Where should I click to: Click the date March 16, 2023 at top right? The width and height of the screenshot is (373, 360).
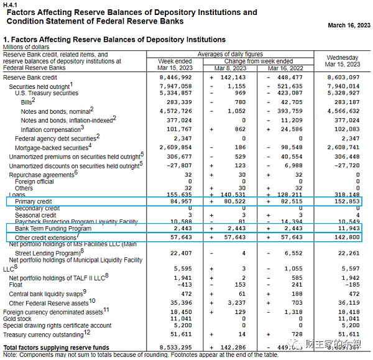(348, 25)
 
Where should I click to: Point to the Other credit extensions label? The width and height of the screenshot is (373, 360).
(46, 238)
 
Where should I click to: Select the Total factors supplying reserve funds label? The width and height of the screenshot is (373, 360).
(56, 347)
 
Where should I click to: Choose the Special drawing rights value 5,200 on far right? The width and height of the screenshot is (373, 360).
(352, 325)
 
